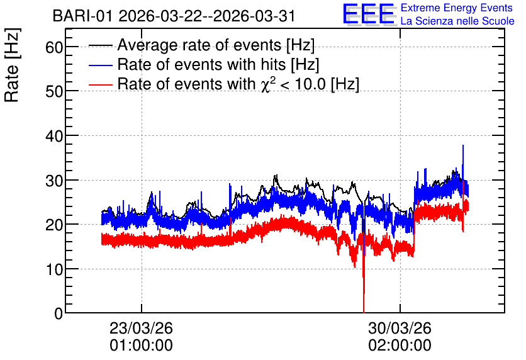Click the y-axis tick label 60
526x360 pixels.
click(54, 47)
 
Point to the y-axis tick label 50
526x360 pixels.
click(54, 92)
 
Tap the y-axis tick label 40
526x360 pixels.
click(54, 136)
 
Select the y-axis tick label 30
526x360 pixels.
click(54, 181)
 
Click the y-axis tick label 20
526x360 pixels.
click(54, 225)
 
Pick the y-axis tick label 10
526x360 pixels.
click(54, 269)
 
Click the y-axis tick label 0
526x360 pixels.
click(59, 314)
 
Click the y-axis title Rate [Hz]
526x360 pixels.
click(12, 65)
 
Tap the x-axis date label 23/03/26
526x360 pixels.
click(141, 328)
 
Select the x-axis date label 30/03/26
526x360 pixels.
click(400, 328)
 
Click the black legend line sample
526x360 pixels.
click(100, 45)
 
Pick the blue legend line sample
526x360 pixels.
click(100, 65)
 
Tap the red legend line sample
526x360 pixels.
click(100, 84)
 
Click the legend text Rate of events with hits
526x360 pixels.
click(201, 64)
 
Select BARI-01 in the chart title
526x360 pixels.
click(82, 16)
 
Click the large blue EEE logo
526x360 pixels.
click(369, 14)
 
